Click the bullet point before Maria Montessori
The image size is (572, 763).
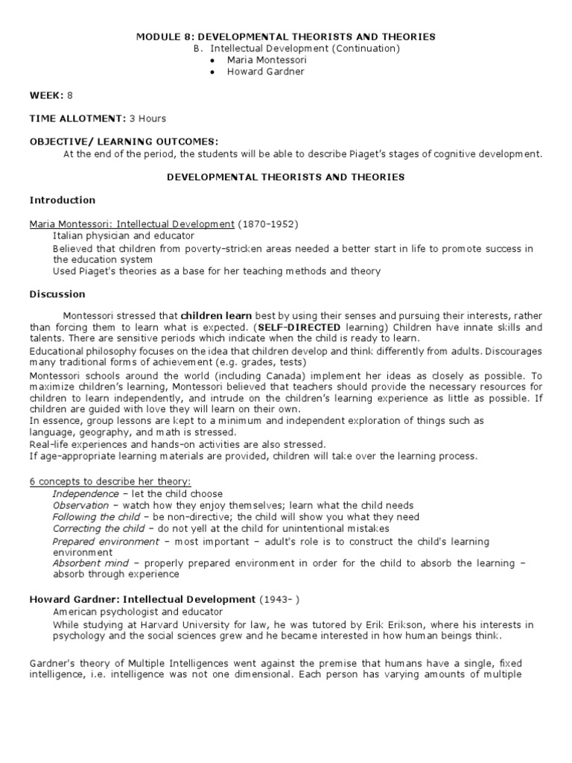(212, 60)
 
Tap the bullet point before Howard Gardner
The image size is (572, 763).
(212, 72)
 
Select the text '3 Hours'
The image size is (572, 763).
(148, 118)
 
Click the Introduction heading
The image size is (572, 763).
(63, 200)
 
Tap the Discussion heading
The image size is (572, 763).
(58, 294)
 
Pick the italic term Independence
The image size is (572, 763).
(86, 494)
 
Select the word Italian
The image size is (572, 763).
(69, 236)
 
